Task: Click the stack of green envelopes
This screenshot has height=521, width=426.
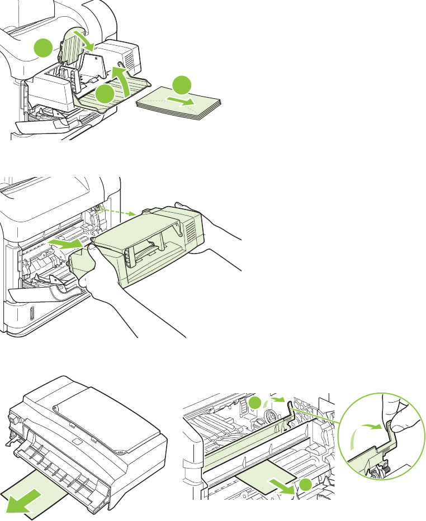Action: point(179,106)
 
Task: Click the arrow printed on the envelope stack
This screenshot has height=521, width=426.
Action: point(183,102)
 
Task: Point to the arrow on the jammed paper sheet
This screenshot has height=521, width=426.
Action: point(280,484)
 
